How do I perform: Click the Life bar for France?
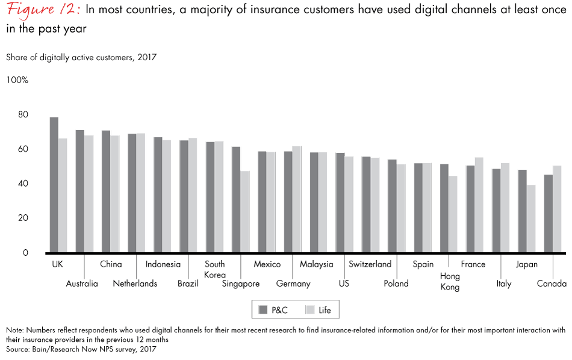click(479, 205)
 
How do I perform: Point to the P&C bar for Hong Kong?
click(444, 208)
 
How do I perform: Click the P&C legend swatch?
click(263, 310)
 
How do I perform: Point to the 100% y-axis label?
click(17, 80)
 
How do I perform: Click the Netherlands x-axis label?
click(135, 284)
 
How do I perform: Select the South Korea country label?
click(215, 269)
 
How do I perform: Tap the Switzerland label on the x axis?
click(370, 264)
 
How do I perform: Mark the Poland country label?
click(396, 284)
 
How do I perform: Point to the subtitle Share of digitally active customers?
click(81, 57)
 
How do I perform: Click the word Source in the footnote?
click(18, 348)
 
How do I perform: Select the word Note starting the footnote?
click(15, 330)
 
